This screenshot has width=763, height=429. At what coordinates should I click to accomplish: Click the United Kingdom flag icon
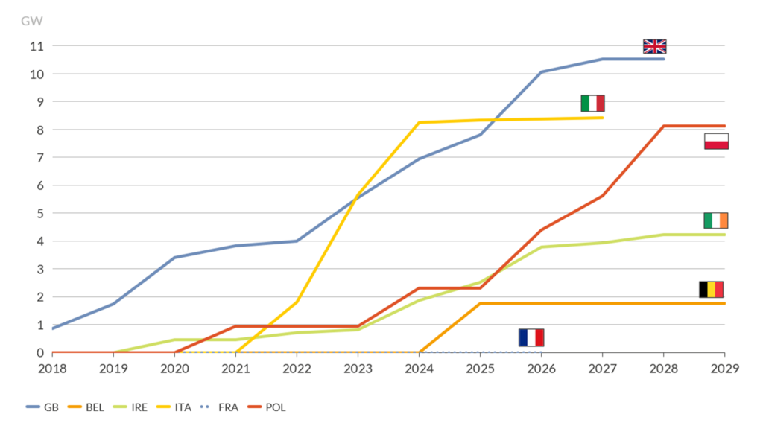click(x=655, y=46)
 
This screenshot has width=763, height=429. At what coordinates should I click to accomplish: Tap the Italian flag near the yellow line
click(x=592, y=104)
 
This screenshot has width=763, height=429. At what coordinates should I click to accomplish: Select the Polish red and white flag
click(x=716, y=142)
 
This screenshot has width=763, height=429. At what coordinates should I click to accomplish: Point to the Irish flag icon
click(x=715, y=220)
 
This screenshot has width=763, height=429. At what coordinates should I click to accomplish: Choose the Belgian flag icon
click(x=711, y=290)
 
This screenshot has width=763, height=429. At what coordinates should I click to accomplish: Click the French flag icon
click(x=531, y=337)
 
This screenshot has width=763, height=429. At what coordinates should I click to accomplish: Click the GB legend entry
click(x=43, y=407)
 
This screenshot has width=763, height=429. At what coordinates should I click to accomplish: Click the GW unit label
click(x=31, y=20)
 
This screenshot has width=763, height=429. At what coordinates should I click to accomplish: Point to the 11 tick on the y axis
click(x=37, y=46)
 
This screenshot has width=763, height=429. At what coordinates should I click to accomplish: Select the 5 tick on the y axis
click(x=39, y=214)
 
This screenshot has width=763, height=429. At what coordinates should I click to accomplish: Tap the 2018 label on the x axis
click(x=52, y=369)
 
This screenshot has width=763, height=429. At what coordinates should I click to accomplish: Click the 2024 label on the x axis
click(x=420, y=369)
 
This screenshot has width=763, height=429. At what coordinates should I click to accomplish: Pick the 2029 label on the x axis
click(x=724, y=369)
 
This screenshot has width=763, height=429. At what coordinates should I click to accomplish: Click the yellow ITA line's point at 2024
click(x=420, y=123)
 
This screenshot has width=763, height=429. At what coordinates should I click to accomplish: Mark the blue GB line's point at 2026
click(x=542, y=72)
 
